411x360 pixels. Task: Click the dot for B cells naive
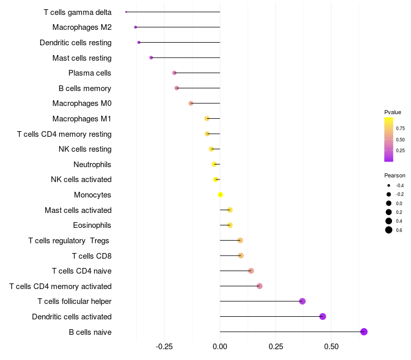(364, 332)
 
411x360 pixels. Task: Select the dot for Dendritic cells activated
(323, 316)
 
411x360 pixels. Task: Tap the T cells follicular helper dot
(302, 301)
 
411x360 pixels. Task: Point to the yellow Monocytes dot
(220, 195)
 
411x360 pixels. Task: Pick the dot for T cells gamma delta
(126, 12)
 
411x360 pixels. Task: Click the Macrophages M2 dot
(135, 27)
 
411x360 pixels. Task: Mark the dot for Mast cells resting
(151, 58)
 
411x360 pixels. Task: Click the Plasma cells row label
(90, 73)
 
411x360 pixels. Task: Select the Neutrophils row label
(92, 165)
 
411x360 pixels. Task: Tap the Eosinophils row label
(92, 225)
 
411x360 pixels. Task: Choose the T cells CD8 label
(91, 256)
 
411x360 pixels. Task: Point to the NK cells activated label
(81, 179)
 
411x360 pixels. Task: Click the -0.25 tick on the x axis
(164, 346)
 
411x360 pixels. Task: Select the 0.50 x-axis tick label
(331, 346)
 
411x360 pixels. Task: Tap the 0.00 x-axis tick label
(220, 346)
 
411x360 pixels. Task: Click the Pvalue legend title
(393, 112)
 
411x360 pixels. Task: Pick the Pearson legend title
(395, 175)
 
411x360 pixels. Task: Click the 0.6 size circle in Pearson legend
(389, 230)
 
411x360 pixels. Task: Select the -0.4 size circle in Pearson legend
(389, 185)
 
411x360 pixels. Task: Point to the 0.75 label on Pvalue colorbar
(400, 128)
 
